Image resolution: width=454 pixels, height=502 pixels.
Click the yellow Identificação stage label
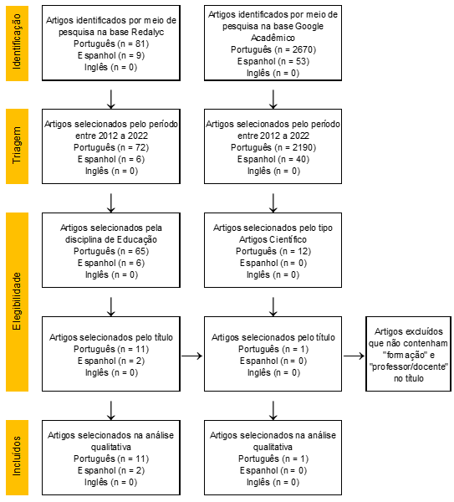click(x=17, y=44)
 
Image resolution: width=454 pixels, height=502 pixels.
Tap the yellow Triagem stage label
click(x=17, y=146)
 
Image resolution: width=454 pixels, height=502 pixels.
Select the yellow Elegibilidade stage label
click(x=17, y=302)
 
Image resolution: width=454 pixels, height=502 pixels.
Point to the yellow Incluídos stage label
click(x=17, y=458)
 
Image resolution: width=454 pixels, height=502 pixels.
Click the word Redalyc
click(x=147, y=32)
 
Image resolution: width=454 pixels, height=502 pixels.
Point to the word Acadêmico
click(x=273, y=38)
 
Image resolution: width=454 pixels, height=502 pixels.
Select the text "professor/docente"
click(x=408, y=366)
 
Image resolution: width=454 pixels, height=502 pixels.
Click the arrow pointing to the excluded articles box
click(x=354, y=356)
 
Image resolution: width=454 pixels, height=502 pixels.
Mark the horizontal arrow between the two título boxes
click(x=192, y=356)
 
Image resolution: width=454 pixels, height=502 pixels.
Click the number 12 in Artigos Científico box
click(x=303, y=251)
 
